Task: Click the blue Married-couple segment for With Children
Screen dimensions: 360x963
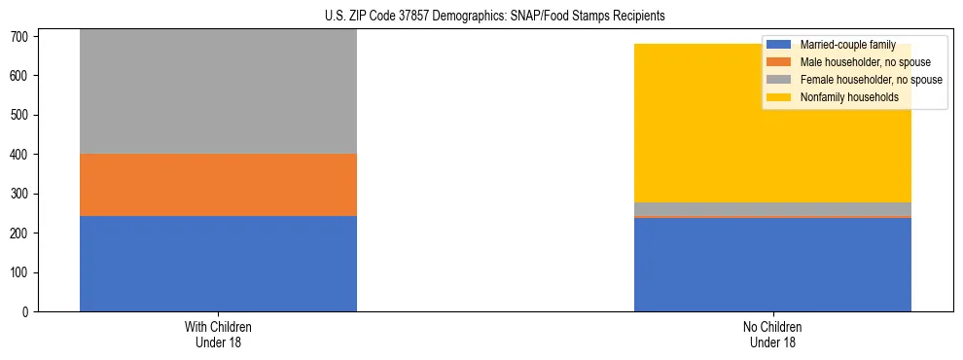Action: (218, 264)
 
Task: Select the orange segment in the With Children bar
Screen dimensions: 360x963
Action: (218, 185)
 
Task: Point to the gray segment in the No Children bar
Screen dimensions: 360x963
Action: (772, 209)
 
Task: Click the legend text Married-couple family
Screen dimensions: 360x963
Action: (847, 45)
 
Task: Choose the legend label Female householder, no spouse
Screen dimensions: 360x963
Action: (871, 80)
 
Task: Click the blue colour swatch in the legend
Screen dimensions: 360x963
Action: (779, 45)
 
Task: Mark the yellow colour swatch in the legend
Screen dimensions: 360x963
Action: (779, 97)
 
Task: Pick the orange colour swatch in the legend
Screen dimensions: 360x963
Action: (779, 62)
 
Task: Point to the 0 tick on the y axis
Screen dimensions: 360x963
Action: (28, 312)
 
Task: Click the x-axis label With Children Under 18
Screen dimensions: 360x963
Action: (218, 335)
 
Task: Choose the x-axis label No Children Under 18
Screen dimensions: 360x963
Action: (772, 335)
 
